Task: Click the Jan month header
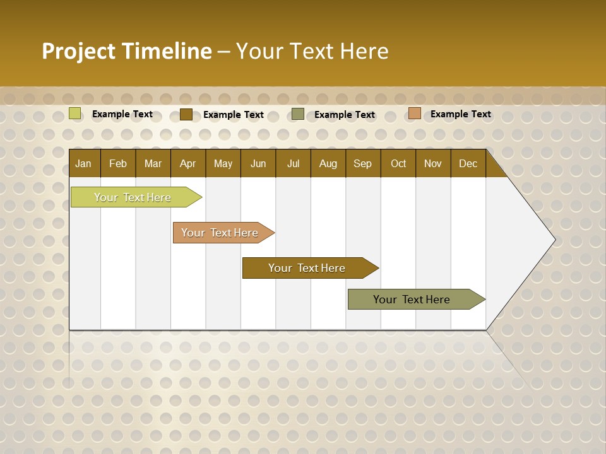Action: (x=84, y=163)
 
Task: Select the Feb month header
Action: (x=118, y=163)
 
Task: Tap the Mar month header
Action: (x=153, y=163)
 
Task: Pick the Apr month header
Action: (x=188, y=163)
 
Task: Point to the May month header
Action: (x=223, y=163)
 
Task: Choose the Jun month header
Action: (x=258, y=163)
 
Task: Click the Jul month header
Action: (x=293, y=163)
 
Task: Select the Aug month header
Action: (x=328, y=163)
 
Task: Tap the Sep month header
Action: (x=363, y=163)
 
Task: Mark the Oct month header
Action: (x=398, y=163)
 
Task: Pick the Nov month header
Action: (x=433, y=163)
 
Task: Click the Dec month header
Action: (x=468, y=163)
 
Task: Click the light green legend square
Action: (x=75, y=113)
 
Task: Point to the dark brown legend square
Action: (x=186, y=114)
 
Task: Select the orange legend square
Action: (x=414, y=113)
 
